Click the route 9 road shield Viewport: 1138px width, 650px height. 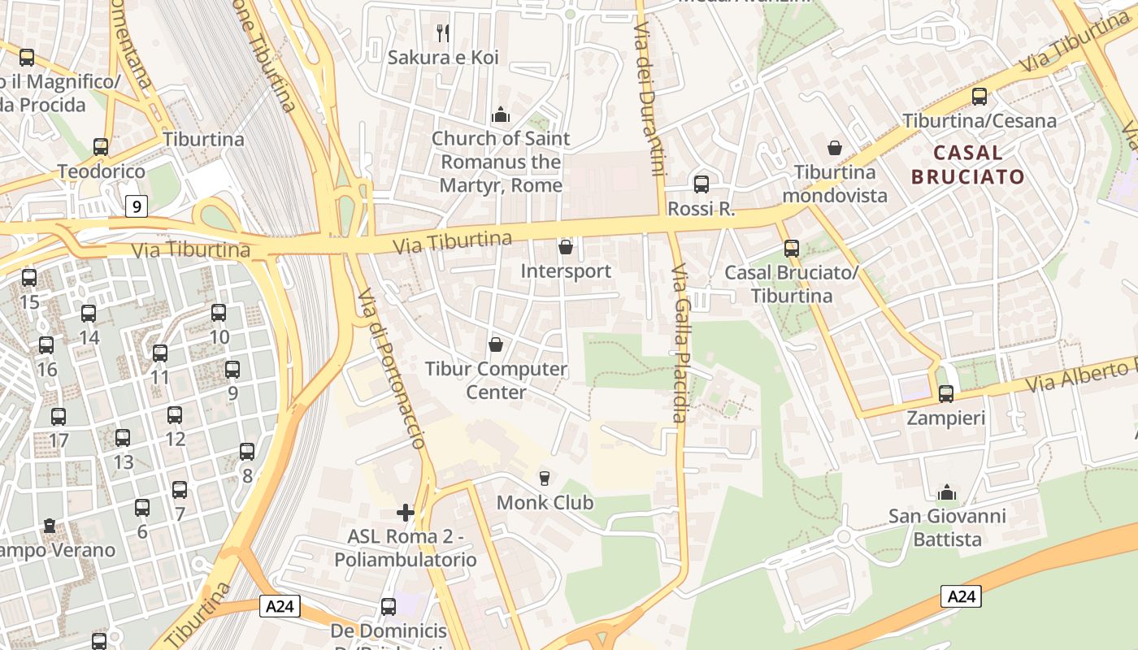137,206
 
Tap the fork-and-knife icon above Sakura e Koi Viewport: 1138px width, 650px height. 443,33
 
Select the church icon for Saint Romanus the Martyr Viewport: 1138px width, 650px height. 501,115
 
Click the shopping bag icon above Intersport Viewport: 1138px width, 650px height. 566,246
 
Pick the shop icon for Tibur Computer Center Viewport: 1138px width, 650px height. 496,344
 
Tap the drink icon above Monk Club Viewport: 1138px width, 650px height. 545,478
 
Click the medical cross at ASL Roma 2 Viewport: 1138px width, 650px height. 405,512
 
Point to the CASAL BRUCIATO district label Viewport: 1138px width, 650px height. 967,164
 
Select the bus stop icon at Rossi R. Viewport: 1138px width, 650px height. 701,184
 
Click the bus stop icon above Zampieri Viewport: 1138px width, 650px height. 946,394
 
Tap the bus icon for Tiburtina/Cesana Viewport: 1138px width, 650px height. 979,97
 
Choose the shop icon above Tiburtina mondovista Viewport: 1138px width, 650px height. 835,148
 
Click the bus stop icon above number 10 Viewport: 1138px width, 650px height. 219,313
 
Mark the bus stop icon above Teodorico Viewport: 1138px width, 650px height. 101,147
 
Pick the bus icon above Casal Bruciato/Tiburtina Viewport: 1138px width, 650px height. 791,249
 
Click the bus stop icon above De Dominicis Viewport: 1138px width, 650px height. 389,607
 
